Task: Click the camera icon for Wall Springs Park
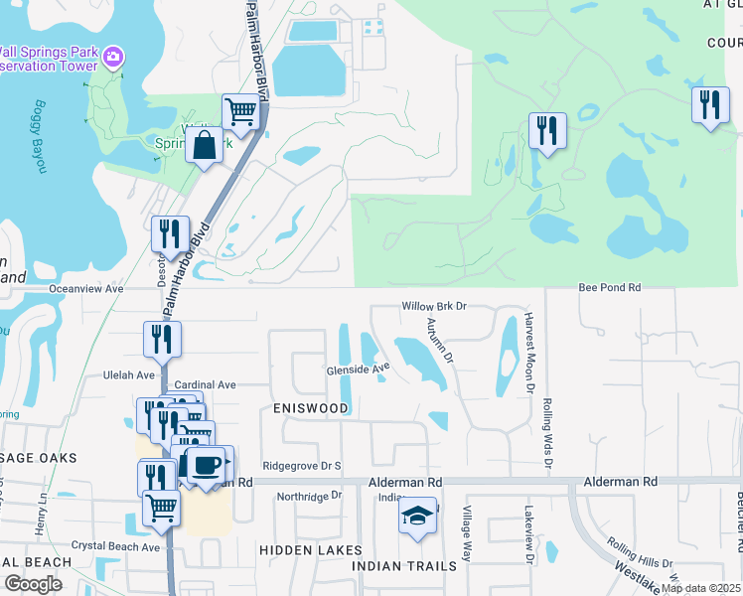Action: click(x=113, y=57)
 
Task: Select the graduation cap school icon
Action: click(x=417, y=517)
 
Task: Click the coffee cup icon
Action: click(x=205, y=464)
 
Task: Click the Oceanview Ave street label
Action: click(x=86, y=289)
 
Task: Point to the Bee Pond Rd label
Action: click(x=611, y=287)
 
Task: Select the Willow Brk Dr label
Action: click(x=434, y=306)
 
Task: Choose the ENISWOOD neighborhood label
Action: click(x=311, y=408)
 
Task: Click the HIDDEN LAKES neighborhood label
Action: click(x=299, y=549)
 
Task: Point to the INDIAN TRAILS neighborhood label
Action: click(x=405, y=566)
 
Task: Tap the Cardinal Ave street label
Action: click(x=205, y=384)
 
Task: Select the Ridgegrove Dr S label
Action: click(x=302, y=466)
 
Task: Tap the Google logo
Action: click(x=33, y=584)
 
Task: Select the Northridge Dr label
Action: click(x=309, y=496)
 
